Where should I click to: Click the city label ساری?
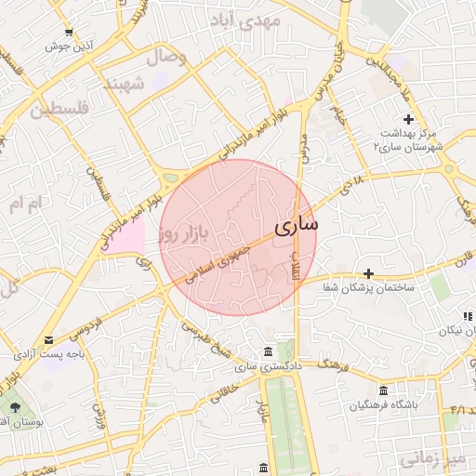[x=297, y=224]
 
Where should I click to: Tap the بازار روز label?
[x=179, y=232]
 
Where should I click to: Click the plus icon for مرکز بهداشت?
[x=408, y=118]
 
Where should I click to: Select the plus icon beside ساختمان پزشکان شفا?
[x=369, y=273]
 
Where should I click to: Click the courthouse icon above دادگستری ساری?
[x=268, y=351]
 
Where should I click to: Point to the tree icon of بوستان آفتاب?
[x=14, y=406]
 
